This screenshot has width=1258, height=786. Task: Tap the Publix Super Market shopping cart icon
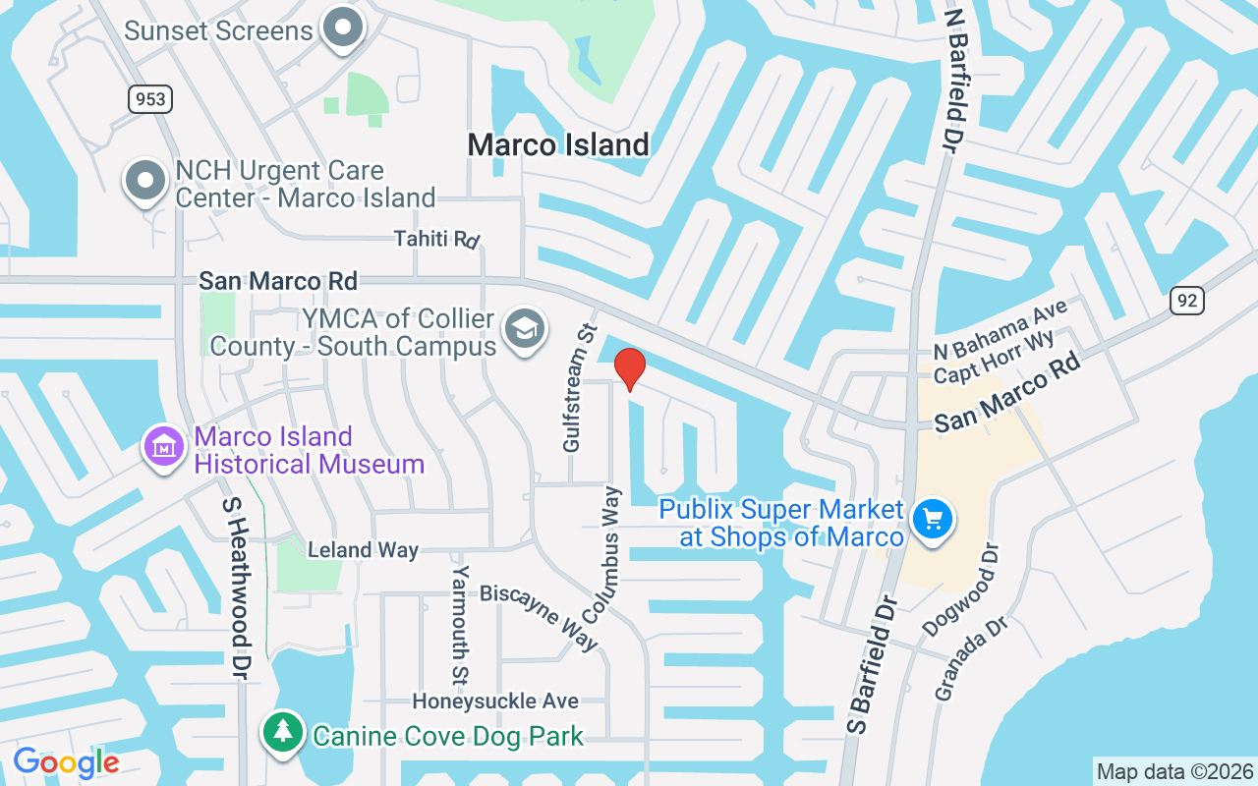point(933,519)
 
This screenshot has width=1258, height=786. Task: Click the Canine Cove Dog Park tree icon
point(283,732)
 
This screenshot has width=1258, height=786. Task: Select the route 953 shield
point(148,98)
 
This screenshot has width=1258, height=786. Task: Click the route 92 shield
point(1186,300)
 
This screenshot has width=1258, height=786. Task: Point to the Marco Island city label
point(558,144)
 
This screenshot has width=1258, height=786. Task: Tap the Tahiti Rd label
point(436,239)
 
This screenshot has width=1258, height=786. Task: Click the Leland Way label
point(363,550)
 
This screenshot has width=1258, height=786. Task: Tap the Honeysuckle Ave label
point(495,701)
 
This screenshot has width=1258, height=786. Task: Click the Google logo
point(66,761)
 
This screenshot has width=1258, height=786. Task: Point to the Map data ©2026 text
point(1174,771)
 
